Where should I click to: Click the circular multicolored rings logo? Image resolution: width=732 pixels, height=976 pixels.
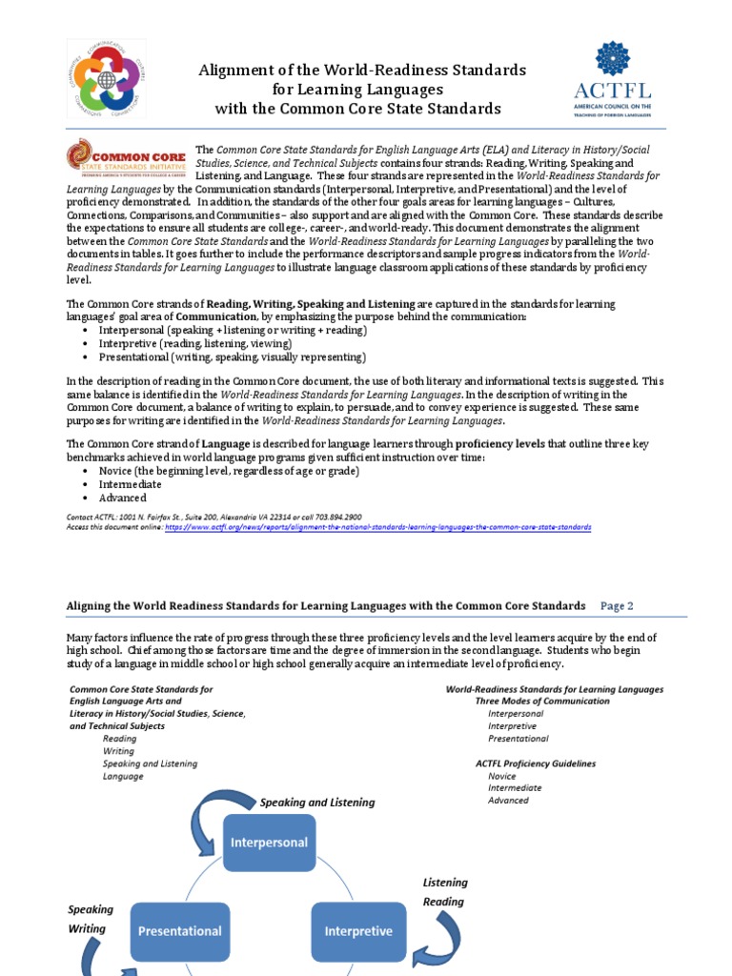[x=107, y=83]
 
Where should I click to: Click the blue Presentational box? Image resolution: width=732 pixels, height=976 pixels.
[x=180, y=930]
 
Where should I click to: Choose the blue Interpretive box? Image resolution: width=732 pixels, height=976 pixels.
[x=358, y=930]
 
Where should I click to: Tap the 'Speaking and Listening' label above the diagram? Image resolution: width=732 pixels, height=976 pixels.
[x=317, y=803]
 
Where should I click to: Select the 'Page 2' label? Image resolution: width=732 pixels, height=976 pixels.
[x=617, y=605]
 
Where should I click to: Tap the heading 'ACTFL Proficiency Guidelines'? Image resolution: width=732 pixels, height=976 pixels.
[x=536, y=763]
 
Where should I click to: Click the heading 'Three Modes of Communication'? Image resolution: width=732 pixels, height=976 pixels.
[x=542, y=701]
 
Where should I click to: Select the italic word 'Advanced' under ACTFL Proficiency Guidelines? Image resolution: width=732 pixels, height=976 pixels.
[x=508, y=800]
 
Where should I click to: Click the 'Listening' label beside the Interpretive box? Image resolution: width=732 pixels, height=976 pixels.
[x=445, y=883]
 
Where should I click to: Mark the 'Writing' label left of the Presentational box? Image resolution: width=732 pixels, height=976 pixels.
[x=87, y=928]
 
